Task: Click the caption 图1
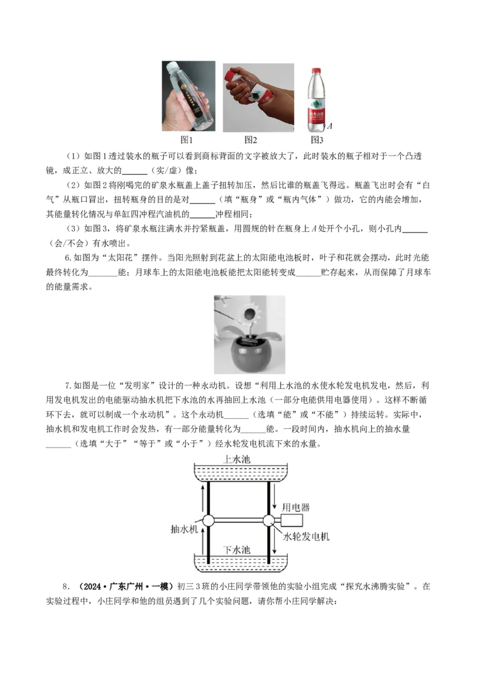pyautogui.click(x=186, y=139)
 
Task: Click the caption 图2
pyautogui.click(x=251, y=139)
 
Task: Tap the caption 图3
pyautogui.click(x=317, y=139)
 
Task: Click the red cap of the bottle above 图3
pyautogui.click(x=316, y=70)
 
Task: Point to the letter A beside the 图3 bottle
pyautogui.click(x=330, y=126)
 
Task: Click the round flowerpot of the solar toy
pyautogui.click(x=249, y=354)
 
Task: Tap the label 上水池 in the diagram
pyautogui.click(x=236, y=460)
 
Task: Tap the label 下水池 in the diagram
pyautogui.click(x=236, y=550)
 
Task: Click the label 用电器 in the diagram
pyautogui.click(x=296, y=508)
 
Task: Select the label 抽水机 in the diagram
pyautogui.click(x=184, y=529)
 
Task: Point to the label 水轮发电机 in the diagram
pyautogui.click(x=306, y=536)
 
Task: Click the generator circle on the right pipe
pyautogui.click(x=268, y=520)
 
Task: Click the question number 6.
pyautogui.click(x=68, y=258)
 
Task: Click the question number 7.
pyautogui.click(x=68, y=386)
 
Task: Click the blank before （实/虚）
pyautogui.click(x=135, y=171)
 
